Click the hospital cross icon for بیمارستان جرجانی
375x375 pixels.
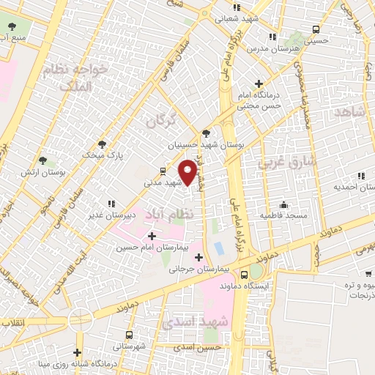pyautogui.click(x=198, y=256)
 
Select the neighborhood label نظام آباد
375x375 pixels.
pyautogui.click(x=170, y=214)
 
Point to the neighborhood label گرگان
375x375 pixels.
pyautogui.click(x=162, y=119)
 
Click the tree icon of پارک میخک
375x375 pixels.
pyautogui.click(x=101, y=144)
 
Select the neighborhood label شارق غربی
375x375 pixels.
pyautogui.click(x=286, y=161)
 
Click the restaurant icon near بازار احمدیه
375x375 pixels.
pyautogui.click(x=360, y=176)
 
